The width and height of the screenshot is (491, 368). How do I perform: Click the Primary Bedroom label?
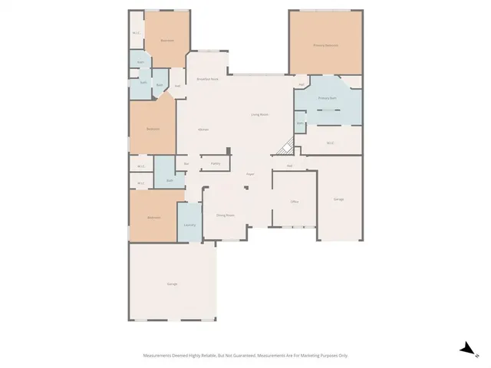(325, 45)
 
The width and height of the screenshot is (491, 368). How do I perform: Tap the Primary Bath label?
(328, 98)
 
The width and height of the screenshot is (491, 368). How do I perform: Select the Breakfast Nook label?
(207, 79)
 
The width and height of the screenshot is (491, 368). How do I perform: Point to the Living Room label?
(259, 114)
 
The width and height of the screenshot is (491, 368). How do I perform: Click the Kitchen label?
(203, 130)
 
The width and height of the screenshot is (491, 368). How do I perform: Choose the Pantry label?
(216, 163)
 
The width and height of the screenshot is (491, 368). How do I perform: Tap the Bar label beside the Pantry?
(186, 163)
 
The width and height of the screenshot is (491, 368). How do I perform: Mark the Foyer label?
(250, 175)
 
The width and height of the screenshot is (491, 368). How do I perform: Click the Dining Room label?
(225, 215)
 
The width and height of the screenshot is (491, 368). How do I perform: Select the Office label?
(293, 202)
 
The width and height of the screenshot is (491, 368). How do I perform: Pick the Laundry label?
(189, 225)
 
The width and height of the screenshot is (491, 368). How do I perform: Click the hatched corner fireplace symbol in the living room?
(285, 146)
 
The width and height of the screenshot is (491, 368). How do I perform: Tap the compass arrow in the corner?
(466, 348)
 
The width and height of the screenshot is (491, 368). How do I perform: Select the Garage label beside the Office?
(338, 199)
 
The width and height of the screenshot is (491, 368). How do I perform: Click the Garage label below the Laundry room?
(172, 284)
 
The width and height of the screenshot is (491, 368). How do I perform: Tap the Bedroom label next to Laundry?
(153, 218)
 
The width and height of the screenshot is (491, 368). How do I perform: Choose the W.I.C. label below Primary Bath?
(330, 143)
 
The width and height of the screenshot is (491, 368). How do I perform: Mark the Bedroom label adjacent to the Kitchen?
(153, 130)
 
